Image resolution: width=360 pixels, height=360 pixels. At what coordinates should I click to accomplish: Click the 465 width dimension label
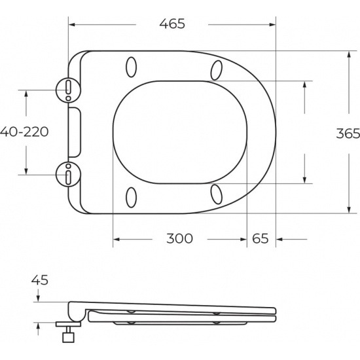click(172, 24)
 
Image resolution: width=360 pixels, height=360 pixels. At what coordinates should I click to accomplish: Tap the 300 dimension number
click(179, 238)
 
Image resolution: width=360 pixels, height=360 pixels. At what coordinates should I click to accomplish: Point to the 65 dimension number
click(260, 238)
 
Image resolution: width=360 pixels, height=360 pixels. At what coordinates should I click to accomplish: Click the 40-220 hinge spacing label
click(25, 132)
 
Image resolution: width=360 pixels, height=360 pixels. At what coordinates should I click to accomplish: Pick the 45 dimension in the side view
click(40, 280)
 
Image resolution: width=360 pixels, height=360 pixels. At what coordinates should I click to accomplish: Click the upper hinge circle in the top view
click(68, 87)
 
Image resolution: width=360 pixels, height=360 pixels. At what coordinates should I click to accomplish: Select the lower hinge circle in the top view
click(68, 175)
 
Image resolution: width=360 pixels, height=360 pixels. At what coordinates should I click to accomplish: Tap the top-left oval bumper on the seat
click(131, 67)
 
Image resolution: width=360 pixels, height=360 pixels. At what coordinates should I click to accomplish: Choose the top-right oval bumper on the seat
click(218, 69)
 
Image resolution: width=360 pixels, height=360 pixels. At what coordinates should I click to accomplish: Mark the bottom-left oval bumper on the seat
click(131, 196)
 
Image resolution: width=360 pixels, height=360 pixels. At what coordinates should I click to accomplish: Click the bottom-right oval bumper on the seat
click(218, 194)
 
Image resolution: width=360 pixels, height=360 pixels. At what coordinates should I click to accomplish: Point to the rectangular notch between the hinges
click(75, 132)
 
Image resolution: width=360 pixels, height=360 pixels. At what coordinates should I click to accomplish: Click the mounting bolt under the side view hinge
click(66, 334)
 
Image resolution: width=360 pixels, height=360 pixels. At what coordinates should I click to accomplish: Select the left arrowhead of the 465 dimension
click(72, 25)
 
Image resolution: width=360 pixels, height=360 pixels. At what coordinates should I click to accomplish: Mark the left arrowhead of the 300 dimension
click(117, 239)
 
